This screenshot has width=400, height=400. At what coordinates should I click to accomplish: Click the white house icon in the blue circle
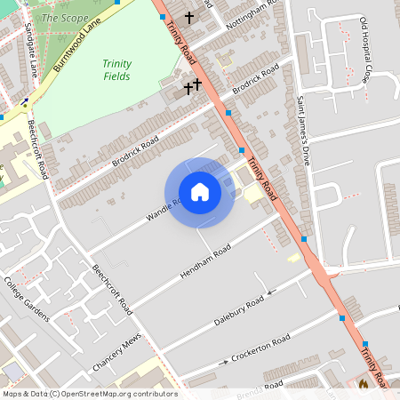199,192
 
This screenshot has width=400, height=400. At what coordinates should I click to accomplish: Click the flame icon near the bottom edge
363,384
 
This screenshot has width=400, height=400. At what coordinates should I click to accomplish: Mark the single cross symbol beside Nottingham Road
188,17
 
